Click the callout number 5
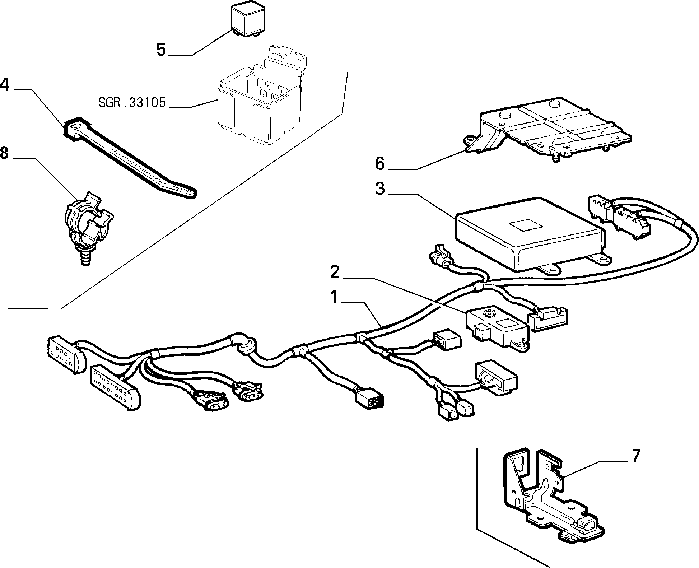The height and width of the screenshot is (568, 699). (x=161, y=50)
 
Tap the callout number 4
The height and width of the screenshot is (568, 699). (x=4, y=85)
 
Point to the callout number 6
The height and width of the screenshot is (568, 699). (x=379, y=164)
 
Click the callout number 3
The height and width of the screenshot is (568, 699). (x=379, y=188)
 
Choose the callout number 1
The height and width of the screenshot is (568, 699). (x=334, y=298)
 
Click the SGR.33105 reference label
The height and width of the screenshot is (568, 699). (x=132, y=103)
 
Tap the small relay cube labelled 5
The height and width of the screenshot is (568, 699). (x=246, y=20)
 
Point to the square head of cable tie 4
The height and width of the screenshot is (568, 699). (x=76, y=128)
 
